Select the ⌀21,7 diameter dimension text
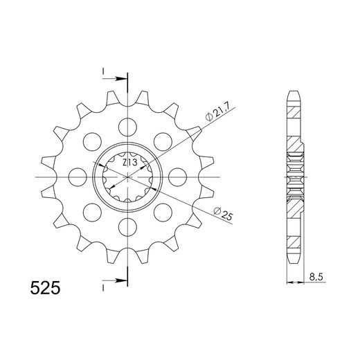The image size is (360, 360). [x=216, y=114]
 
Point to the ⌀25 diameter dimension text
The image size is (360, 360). [x=222, y=215]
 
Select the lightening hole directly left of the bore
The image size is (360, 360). [x=78, y=177]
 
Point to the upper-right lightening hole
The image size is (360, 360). [x=165, y=141]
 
